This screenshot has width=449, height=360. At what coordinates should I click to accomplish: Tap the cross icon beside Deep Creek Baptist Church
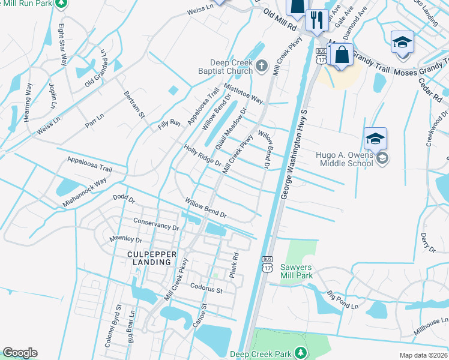261,65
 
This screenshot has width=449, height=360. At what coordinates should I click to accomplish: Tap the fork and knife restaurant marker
314,21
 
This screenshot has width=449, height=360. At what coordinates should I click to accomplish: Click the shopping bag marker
342,55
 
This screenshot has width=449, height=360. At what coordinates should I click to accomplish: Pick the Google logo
20,353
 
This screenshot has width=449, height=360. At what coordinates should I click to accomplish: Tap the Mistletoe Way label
244,92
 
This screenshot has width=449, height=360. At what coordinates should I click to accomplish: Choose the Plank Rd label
234,265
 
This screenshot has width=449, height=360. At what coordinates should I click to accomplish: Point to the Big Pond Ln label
342,300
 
